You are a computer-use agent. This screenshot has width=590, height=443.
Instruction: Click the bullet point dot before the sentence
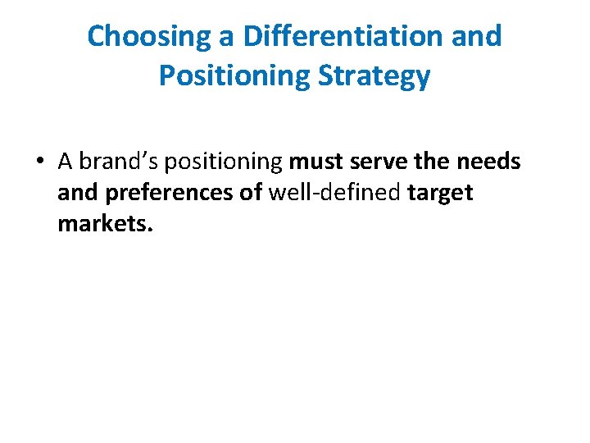(40, 162)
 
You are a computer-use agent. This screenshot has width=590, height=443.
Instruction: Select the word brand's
(116, 162)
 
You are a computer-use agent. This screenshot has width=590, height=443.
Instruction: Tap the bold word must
(315, 162)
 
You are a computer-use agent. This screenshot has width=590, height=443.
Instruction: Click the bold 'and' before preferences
(77, 193)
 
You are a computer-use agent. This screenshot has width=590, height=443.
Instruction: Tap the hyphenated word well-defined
(334, 193)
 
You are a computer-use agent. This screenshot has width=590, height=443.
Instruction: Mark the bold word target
(440, 194)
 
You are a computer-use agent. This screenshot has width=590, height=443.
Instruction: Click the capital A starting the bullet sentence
(66, 162)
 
